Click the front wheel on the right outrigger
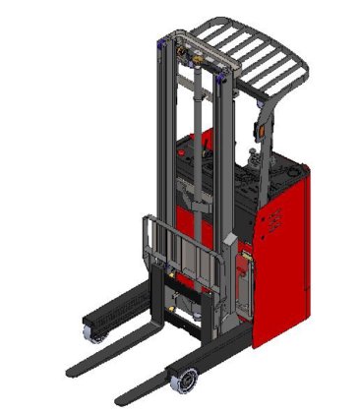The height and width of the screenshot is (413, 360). coord(182,378)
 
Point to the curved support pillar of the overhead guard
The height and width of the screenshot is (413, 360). coord(255,103)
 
